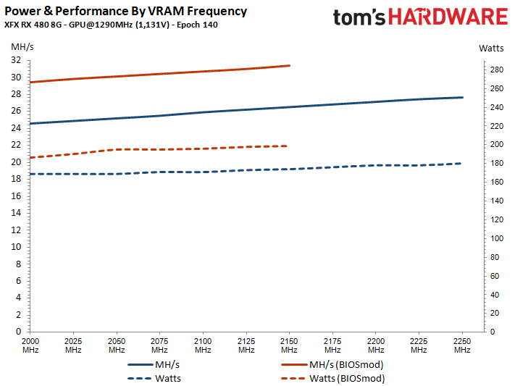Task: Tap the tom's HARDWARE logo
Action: [x=420, y=20]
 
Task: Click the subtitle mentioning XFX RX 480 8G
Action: [x=112, y=26]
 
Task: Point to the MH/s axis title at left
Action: [x=22, y=48]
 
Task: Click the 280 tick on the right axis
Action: [x=496, y=70]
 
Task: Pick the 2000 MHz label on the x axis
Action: [x=30, y=345]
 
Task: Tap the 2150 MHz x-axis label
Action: [x=289, y=345]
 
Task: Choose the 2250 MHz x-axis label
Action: [x=462, y=345]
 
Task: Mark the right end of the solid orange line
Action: [x=289, y=65]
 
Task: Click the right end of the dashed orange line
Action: [x=288, y=146]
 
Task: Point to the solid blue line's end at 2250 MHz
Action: [x=462, y=97]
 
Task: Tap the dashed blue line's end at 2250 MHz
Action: [x=462, y=163]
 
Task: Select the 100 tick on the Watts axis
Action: [x=496, y=238]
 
